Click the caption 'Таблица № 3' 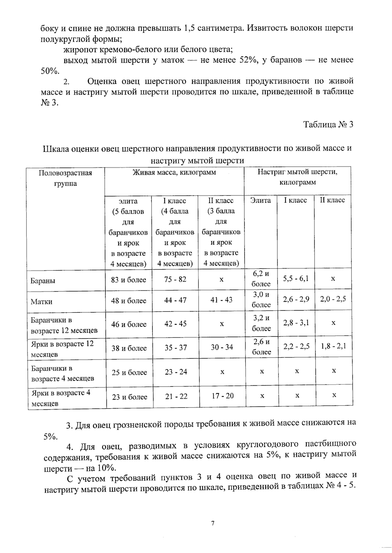click(328, 125)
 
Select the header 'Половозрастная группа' click(65, 178)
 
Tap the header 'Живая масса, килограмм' click(174, 173)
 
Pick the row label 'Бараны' click(43, 281)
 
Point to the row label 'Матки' click(41, 301)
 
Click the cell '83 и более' click(129, 280)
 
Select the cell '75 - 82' click(175, 279)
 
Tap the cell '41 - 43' click(221, 300)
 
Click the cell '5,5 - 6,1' click(296, 279)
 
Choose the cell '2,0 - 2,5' click(333, 299)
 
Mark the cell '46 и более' click(129, 324)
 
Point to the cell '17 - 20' click(222, 396)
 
